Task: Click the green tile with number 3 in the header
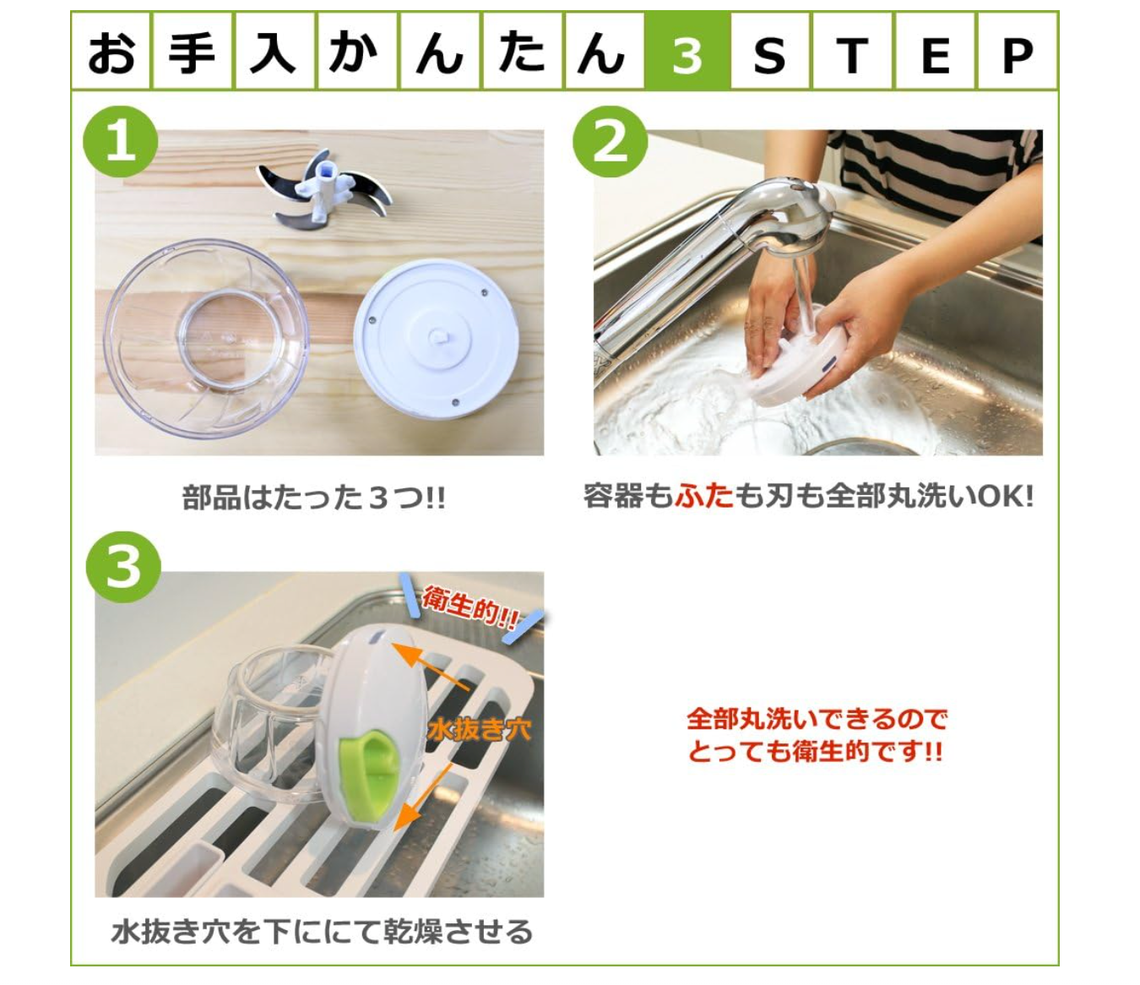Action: click(687, 51)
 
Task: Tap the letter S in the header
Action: click(768, 56)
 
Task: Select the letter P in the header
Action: click(1017, 56)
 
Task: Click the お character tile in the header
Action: click(111, 52)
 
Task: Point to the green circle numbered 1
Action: click(120, 141)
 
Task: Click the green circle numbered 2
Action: click(610, 141)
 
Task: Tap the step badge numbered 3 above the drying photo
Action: click(123, 567)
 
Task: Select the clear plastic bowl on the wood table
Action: click(206, 338)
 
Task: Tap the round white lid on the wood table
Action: click(437, 338)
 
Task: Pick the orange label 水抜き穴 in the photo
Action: click(479, 730)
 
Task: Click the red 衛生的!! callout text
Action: click(470, 609)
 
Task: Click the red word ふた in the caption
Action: click(704, 495)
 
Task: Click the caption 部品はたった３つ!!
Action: click(313, 498)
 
